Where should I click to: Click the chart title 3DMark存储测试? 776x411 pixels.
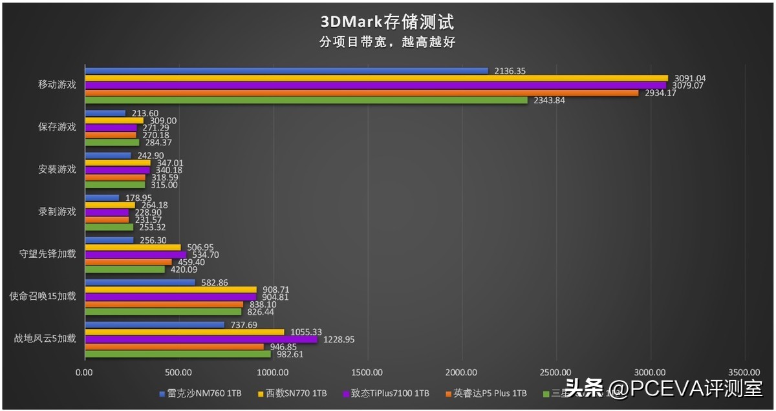[387, 22]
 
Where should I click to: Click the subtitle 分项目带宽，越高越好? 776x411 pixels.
[387, 42]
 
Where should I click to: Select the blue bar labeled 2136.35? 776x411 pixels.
[286, 70]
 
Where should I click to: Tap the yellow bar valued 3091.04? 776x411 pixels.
[376, 78]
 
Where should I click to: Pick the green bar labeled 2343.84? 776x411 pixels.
[307, 100]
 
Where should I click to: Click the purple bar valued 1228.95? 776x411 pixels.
[201, 339]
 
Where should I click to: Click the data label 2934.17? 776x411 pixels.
[659, 92]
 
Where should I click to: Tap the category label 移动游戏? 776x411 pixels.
[57, 85]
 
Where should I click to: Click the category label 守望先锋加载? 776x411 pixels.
[47, 254]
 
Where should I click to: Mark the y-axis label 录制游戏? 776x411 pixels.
[57, 211]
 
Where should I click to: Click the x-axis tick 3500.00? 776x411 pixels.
[744, 372]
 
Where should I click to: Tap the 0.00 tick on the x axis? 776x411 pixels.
[85, 372]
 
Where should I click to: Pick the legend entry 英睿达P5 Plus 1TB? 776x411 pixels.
[490, 393]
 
